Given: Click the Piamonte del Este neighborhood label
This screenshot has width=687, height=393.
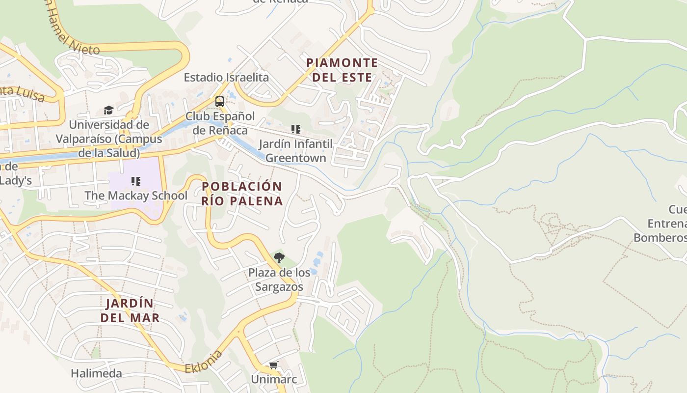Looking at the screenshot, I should [x=342, y=70].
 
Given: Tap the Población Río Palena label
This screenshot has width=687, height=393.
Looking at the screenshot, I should [x=242, y=194].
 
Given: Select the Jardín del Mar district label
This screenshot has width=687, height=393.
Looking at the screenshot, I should [x=130, y=310].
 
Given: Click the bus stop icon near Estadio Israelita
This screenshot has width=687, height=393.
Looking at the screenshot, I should [x=220, y=102].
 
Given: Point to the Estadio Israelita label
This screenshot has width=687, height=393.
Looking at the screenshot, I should [x=226, y=77].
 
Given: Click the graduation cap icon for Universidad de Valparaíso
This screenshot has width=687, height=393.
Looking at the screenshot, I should [x=108, y=110].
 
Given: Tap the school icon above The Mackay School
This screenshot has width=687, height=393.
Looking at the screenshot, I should [x=136, y=181].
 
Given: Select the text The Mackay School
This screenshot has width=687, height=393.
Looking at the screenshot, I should [x=136, y=196].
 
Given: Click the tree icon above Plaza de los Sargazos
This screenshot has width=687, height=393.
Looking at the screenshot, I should [x=279, y=257].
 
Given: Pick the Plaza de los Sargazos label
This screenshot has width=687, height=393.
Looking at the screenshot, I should [x=279, y=280].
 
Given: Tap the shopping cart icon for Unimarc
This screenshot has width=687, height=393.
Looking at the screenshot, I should [x=273, y=365].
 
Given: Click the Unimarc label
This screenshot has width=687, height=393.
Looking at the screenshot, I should [x=273, y=379].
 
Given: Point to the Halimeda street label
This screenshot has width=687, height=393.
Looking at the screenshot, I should [x=96, y=373].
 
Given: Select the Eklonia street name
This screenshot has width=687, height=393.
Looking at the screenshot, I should [x=204, y=362].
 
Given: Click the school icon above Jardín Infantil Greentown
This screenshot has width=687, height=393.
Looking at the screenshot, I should [x=295, y=129].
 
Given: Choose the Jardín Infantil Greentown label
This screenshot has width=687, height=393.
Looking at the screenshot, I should [x=295, y=151].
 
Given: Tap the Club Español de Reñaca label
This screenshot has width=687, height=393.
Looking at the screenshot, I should [x=220, y=123].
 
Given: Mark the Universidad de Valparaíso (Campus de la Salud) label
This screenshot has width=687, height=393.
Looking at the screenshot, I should [x=109, y=139].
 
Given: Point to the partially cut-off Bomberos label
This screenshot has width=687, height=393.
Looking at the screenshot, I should [x=660, y=238].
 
